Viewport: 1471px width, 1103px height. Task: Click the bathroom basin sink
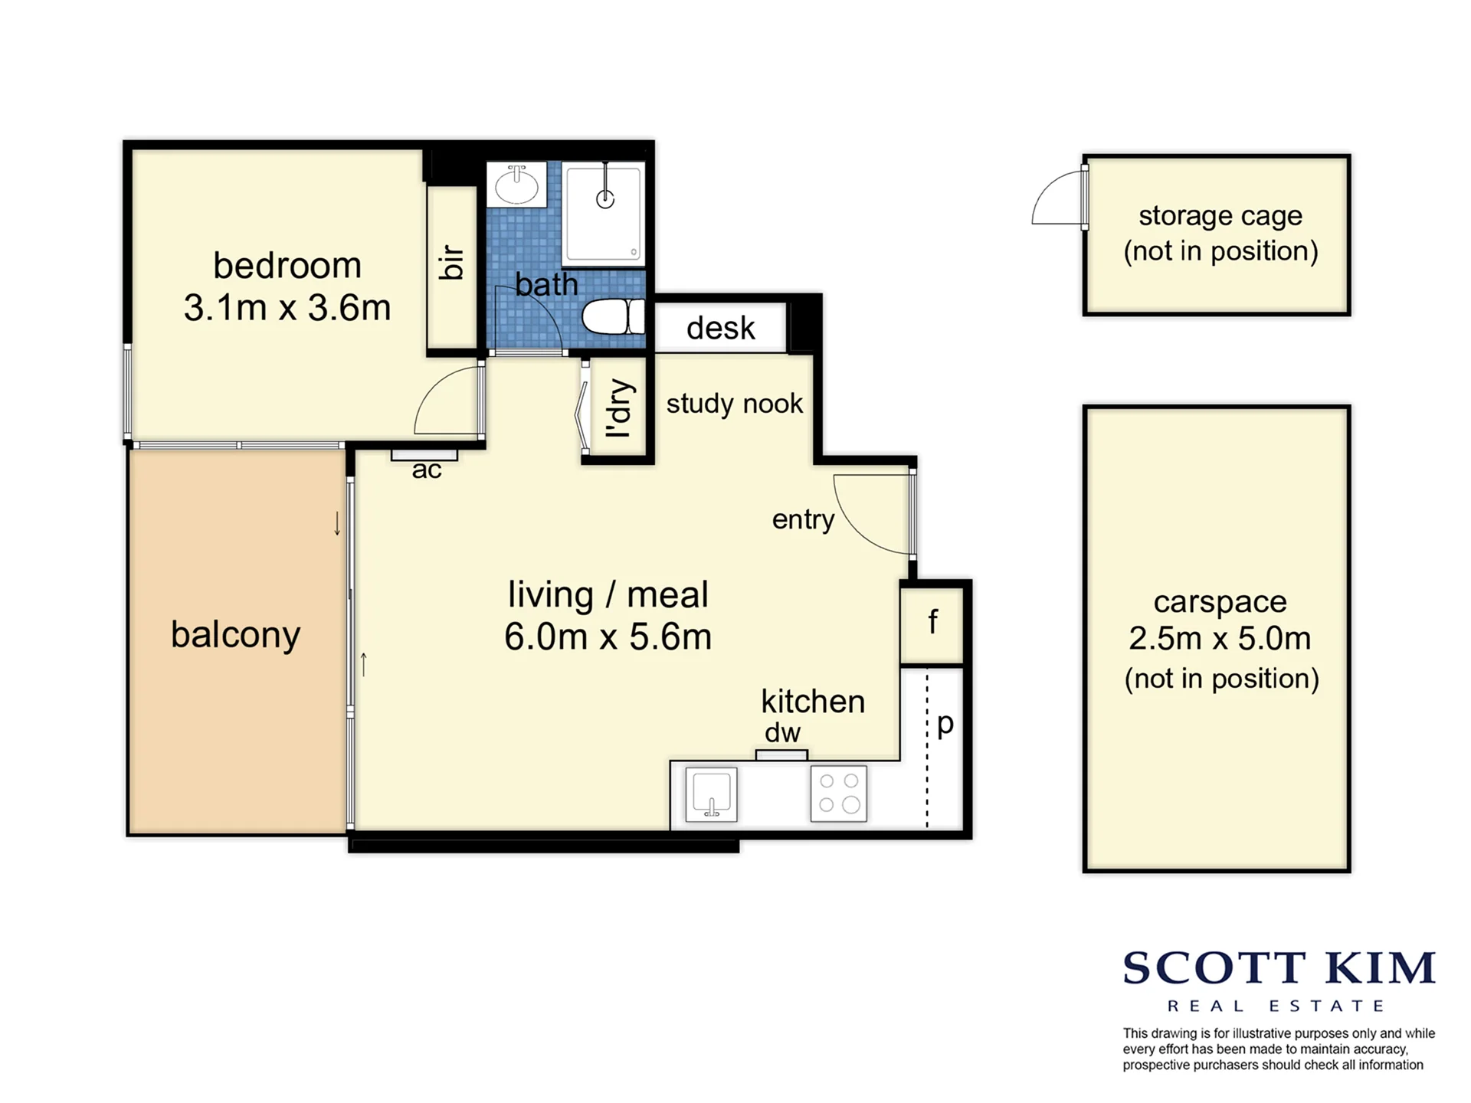[x=516, y=184]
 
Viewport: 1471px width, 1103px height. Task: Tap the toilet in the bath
[x=613, y=316]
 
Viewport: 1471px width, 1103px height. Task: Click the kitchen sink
[x=711, y=794]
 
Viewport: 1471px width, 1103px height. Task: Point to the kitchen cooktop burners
[x=839, y=794]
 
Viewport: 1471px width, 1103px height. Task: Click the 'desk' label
[x=720, y=328]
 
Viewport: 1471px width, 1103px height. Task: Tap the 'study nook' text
[x=734, y=404]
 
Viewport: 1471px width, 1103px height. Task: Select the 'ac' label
[x=427, y=470]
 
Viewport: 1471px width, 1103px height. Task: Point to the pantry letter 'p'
[x=945, y=724]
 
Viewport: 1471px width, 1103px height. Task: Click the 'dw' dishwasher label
[x=782, y=732]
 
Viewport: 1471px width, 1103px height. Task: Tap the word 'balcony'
[x=236, y=635]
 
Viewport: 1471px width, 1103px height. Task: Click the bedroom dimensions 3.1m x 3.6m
[x=287, y=308]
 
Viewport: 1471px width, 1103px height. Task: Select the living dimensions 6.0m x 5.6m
[x=608, y=637]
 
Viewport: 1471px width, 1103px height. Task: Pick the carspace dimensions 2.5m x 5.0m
[x=1220, y=638]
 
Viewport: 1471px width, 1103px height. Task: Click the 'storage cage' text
[x=1220, y=216]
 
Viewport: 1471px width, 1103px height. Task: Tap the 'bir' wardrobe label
[x=451, y=263]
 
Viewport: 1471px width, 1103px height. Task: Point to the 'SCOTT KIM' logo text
[x=1279, y=967]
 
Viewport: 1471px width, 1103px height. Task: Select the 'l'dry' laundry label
[x=618, y=408]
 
